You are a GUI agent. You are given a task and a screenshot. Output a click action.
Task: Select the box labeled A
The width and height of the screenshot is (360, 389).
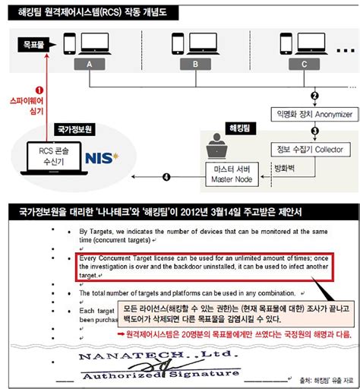(90, 65)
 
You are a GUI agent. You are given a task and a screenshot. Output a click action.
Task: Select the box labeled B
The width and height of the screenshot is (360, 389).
(195, 65)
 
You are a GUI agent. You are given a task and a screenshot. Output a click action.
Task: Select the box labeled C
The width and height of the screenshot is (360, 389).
(304, 65)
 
